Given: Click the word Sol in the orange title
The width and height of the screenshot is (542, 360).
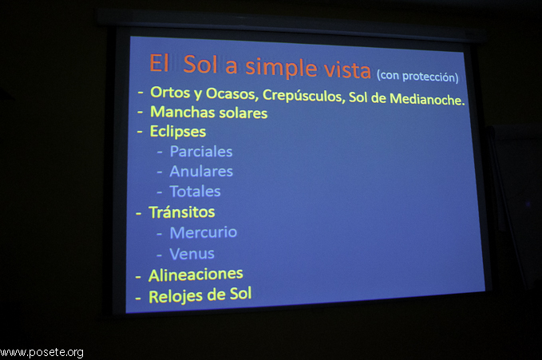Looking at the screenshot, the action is tap(200, 64).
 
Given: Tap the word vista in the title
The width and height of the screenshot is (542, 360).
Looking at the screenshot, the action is tap(347, 70).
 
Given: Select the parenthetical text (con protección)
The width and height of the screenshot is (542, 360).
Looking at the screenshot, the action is tap(417, 76).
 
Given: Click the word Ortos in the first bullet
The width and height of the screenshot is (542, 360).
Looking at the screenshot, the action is tap(170, 92).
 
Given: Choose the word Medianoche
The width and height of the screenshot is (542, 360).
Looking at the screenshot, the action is tap(427, 99).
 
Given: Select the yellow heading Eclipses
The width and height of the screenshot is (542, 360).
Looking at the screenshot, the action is tap(178, 132).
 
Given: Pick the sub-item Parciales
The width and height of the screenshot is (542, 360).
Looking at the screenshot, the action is tap(201, 152).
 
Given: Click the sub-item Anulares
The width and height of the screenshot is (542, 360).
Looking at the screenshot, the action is tap(201, 171).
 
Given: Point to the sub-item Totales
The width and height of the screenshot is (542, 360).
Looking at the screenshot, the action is tap(195, 192).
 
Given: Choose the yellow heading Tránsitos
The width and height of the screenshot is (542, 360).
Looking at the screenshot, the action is tap(182, 212).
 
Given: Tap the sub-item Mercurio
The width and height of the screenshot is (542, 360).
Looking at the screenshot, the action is tap(204, 232).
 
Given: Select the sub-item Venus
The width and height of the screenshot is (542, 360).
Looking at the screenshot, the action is tap(192, 254).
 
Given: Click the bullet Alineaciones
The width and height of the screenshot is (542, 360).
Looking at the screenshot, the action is tap(196, 275).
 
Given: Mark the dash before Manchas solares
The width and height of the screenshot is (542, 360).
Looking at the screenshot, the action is tap(140, 112).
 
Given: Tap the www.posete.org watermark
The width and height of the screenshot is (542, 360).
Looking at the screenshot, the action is tap(42, 352).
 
